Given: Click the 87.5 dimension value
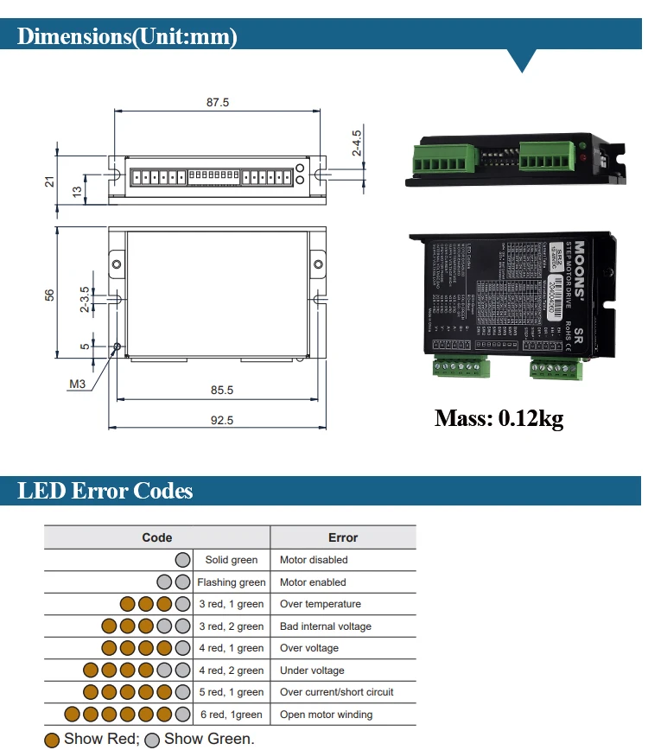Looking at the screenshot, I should pos(218,102).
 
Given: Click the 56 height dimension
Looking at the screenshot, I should pos(50,294).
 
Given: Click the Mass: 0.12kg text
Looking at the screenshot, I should pos(499,419).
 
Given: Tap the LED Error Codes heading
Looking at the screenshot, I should pos(105,491).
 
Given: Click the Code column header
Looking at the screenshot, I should pos(157,537).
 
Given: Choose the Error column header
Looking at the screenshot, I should pos(343,537).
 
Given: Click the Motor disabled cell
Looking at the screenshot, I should pos(314,560).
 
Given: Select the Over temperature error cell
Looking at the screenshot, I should pos(321,604).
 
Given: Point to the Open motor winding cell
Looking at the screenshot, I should pos(327,715).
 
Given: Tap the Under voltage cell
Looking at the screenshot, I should pos(312,671).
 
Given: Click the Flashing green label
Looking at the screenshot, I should pos(231,582).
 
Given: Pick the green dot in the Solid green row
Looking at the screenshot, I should pos(182,560).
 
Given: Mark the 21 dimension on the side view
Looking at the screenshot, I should pos(50,181).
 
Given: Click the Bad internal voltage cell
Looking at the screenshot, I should pos(326,626).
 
